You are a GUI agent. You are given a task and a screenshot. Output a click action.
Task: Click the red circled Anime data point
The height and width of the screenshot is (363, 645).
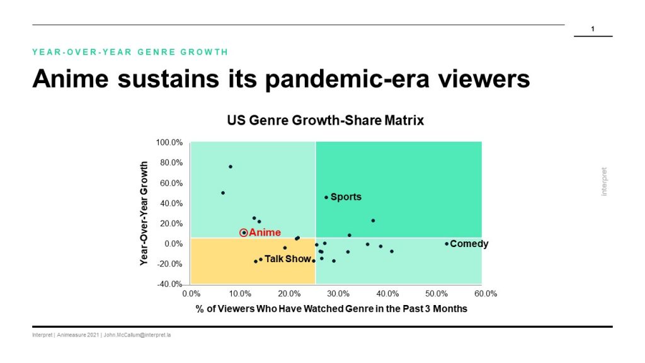pyautogui.click(x=244, y=233)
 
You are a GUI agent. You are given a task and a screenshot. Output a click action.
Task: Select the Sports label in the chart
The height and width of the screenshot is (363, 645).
pyautogui.click(x=346, y=197)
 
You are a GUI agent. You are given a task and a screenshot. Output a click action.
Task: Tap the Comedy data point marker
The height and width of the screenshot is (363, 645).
pyautogui.click(x=447, y=244)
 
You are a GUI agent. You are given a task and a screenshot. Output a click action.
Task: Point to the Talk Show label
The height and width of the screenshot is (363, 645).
pyautogui.click(x=287, y=259)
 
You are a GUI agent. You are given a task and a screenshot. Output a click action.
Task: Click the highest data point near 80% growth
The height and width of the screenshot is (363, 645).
pyautogui.click(x=231, y=166)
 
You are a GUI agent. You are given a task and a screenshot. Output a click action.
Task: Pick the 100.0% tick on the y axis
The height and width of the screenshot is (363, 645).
pyautogui.click(x=169, y=142)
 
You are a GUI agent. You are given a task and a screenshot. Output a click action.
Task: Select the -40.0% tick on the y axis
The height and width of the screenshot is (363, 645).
pyautogui.click(x=169, y=284)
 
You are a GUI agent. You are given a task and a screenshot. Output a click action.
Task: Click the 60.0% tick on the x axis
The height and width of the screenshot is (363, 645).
pyautogui.click(x=486, y=294)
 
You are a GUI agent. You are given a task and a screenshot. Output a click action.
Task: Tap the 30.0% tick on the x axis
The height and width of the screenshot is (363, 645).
pyautogui.click(x=338, y=294)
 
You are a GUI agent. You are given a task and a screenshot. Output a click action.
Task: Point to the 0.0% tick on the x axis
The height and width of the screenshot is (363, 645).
pyautogui.click(x=191, y=294)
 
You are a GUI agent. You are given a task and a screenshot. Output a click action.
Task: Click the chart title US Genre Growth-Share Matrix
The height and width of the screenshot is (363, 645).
pyautogui.click(x=326, y=120)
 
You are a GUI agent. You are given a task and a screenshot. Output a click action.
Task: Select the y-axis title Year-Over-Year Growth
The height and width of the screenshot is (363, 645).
pyautogui.click(x=144, y=213)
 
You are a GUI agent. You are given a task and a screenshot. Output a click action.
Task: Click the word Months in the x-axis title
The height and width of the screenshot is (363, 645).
pyautogui.click(x=450, y=309)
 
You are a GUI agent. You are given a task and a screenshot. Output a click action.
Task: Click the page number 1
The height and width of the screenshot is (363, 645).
pyautogui.click(x=593, y=29)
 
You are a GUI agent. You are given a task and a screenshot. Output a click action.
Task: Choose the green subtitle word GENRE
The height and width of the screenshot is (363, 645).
pyautogui.click(x=159, y=52)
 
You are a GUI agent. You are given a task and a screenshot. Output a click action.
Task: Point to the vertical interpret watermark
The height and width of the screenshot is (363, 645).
pyautogui.click(x=604, y=181)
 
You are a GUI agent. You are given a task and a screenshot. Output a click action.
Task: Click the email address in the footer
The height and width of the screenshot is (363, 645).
pyautogui.click(x=137, y=335)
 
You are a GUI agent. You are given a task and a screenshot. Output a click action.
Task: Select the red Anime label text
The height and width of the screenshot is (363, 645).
pyautogui.click(x=265, y=233)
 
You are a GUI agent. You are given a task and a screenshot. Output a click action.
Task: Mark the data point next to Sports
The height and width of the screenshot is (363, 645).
pyautogui.click(x=326, y=197)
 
